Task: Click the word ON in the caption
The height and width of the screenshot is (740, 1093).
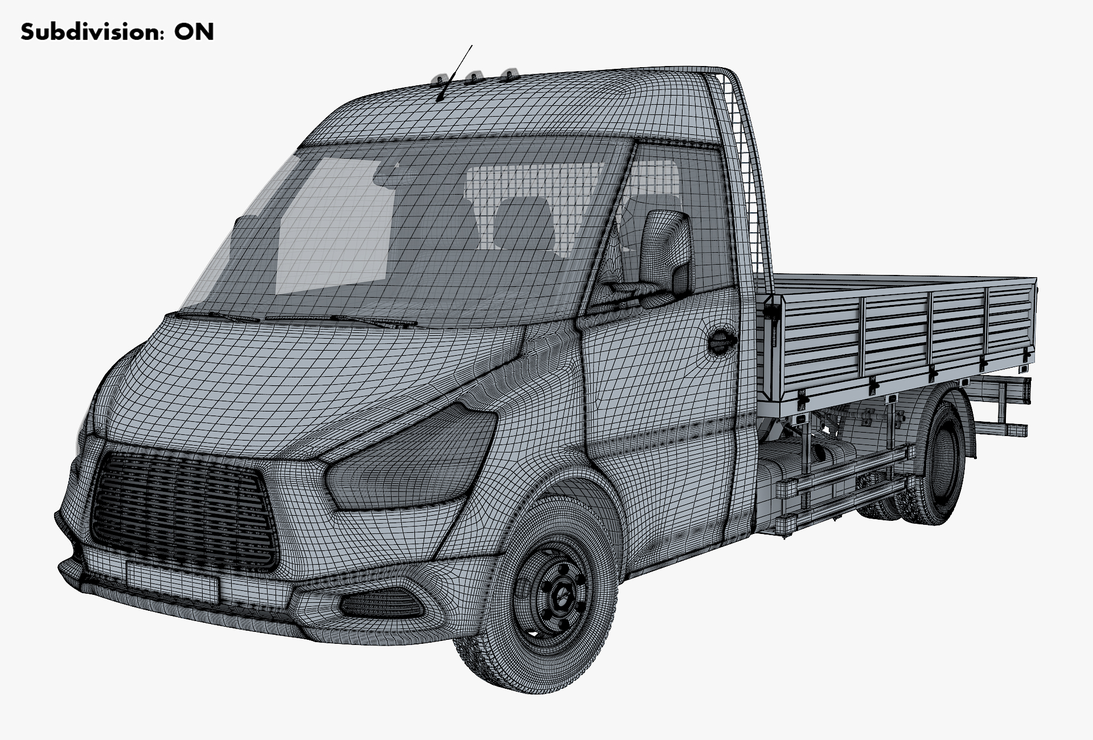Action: pos(194,32)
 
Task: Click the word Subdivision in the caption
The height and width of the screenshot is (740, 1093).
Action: pos(89,32)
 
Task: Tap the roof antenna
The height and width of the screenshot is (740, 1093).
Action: pos(454,73)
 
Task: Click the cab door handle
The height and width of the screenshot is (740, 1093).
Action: pos(721,341)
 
